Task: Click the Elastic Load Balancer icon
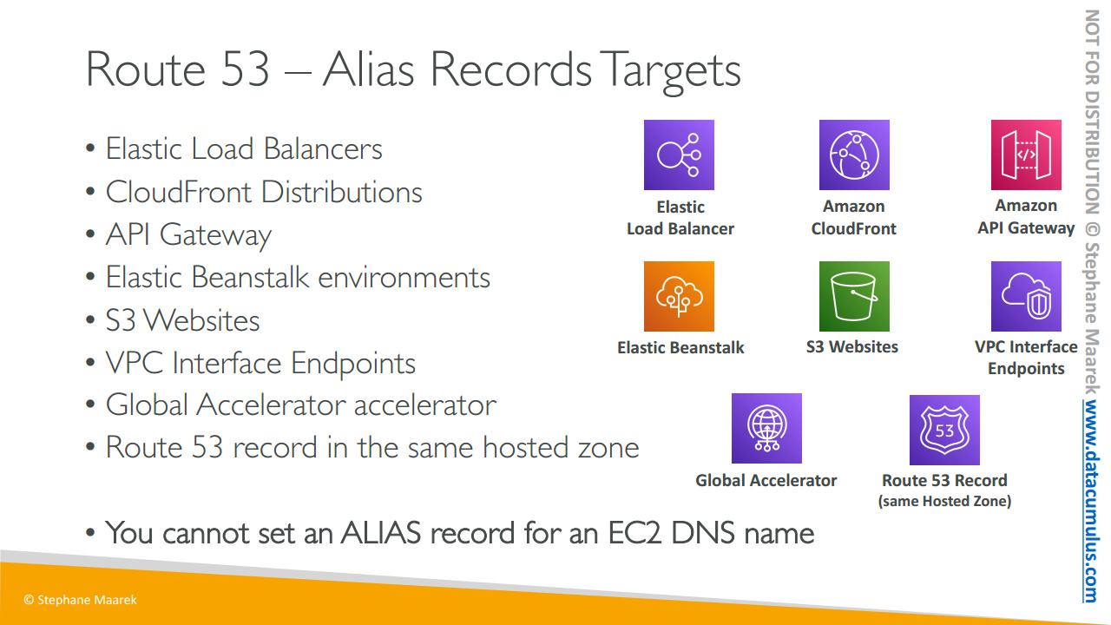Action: click(679, 155)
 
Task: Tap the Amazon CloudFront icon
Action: click(854, 155)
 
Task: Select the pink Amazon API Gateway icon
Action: click(1026, 155)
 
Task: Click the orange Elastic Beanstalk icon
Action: click(679, 297)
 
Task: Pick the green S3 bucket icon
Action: click(854, 297)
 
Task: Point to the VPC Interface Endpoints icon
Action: click(1026, 297)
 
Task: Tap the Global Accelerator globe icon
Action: click(766, 429)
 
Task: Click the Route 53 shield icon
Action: click(944, 430)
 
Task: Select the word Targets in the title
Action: click(673, 72)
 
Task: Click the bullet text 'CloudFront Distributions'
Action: click(264, 192)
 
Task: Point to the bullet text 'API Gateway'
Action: click(188, 235)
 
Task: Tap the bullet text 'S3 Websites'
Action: click(182, 320)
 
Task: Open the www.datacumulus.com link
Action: click(1091, 502)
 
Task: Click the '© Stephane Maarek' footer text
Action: click(80, 600)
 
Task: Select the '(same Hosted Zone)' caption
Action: click(944, 501)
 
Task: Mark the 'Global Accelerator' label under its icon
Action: click(766, 480)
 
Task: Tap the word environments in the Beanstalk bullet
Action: click(404, 277)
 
